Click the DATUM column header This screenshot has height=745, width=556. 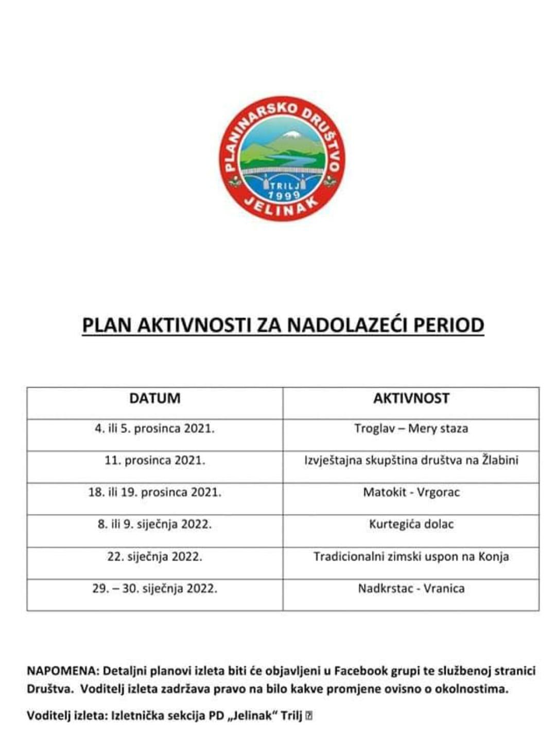pos(154,399)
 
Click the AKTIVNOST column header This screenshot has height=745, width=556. pos(411,399)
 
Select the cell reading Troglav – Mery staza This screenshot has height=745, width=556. pos(411,428)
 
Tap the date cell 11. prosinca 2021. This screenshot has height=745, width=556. pos(154,460)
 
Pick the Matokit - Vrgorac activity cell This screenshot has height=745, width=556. pos(411,492)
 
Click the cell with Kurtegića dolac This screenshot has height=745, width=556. pos(411,524)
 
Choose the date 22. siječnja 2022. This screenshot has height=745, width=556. pos(154,557)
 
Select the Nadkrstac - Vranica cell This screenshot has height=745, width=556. pos(411,588)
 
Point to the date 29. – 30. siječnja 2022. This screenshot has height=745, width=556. pos(154,588)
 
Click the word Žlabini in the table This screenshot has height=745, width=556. pos(500,460)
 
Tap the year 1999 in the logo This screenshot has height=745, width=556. pos(284,195)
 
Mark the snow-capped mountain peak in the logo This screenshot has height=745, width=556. pos(291,135)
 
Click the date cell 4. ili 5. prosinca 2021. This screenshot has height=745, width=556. pos(154,428)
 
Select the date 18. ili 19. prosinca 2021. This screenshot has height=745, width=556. pos(154,492)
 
